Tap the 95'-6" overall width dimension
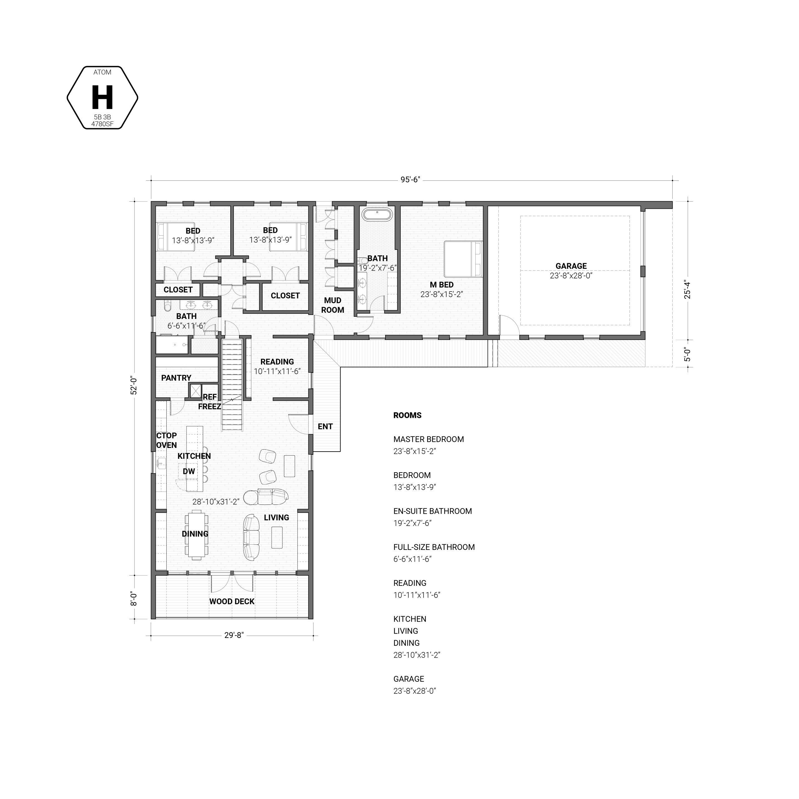tap(410, 180)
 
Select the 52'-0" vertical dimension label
tap(134, 385)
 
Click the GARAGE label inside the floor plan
tap(571, 266)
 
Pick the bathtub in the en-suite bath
tap(377, 215)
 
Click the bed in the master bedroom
tap(463, 259)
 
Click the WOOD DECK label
tap(232, 602)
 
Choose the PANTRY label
tap(176, 378)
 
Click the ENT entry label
tap(325, 427)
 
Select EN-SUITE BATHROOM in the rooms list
tap(433, 512)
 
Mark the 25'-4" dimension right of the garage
tap(687, 290)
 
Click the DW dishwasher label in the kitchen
tap(189, 472)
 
